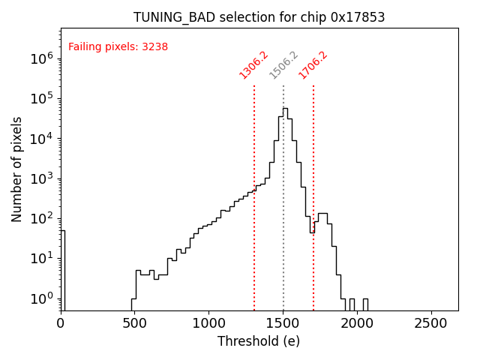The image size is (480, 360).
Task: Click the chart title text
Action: pyautogui.click(x=259, y=17)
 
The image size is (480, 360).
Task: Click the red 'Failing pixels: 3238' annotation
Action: pyautogui.click(x=118, y=46)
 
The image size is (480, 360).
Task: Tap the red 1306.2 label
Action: pyautogui.click(x=253, y=65)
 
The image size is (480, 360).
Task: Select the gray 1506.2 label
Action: pyautogui.click(x=283, y=65)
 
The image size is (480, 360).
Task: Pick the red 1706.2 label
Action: pyautogui.click(x=313, y=65)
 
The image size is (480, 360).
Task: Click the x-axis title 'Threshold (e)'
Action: pyautogui.click(x=259, y=341)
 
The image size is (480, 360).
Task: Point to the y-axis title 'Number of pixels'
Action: pyautogui.click(x=17, y=169)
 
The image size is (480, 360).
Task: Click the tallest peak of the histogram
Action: pyautogui.click(x=285, y=109)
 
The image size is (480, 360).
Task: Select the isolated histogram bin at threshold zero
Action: pyautogui.click(x=63, y=270)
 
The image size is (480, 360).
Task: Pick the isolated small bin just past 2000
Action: pyautogui.click(x=365, y=304)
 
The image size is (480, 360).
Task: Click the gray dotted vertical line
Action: pyautogui.click(x=283, y=225)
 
